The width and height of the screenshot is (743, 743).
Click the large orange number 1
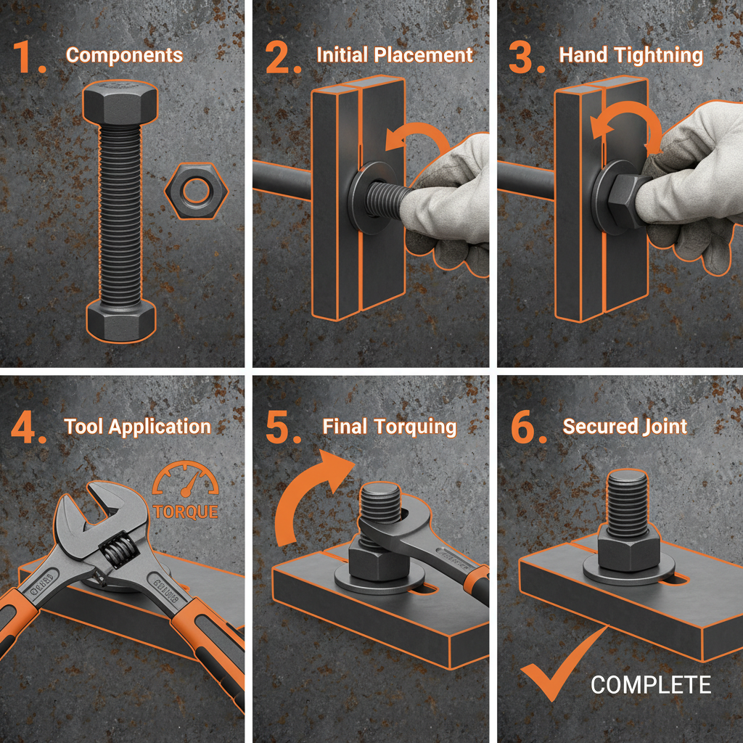[x=29, y=57]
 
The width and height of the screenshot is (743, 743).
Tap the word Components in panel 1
[x=124, y=55]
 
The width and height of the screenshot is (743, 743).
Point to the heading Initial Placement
[x=395, y=55]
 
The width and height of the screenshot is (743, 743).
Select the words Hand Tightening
[x=631, y=55]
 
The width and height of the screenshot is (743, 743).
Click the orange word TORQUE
[x=186, y=512]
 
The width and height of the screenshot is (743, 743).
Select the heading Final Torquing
[x=390, y=427]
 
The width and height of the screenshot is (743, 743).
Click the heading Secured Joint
[x=625, y=427]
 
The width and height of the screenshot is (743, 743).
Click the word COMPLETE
[x=650, y=684]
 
